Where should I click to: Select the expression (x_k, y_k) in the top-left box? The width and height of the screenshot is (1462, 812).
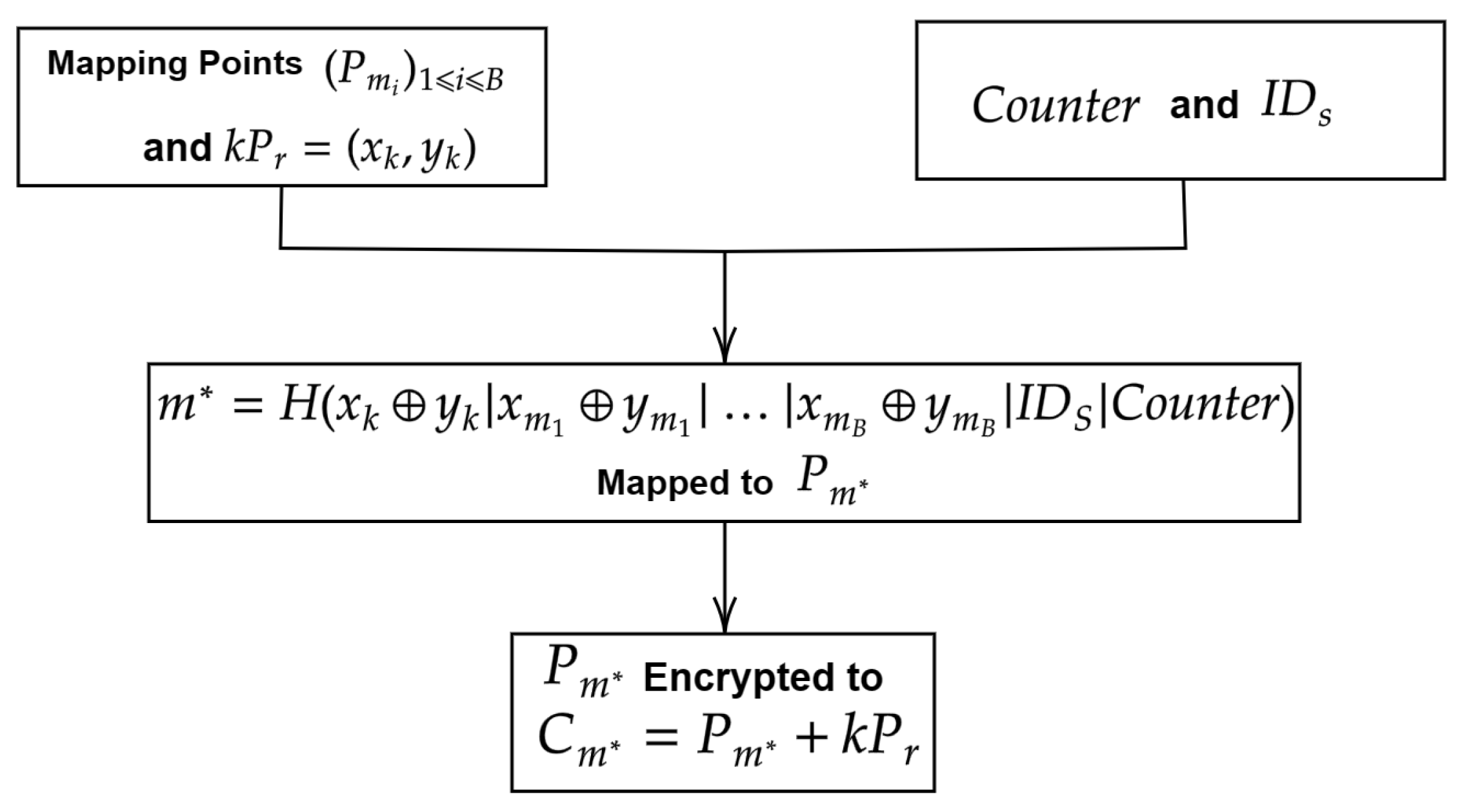[412, 152]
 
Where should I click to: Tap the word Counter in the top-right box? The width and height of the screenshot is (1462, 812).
[1056, 106]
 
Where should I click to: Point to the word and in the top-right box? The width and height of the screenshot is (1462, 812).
[1204, 106]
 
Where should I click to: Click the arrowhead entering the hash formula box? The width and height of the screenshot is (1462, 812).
[725, 345]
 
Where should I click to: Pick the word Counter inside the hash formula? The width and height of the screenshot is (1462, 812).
[1196, 406]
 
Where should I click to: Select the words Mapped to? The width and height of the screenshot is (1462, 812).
[685, 482]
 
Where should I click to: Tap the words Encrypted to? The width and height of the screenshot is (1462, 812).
[763, 678]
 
